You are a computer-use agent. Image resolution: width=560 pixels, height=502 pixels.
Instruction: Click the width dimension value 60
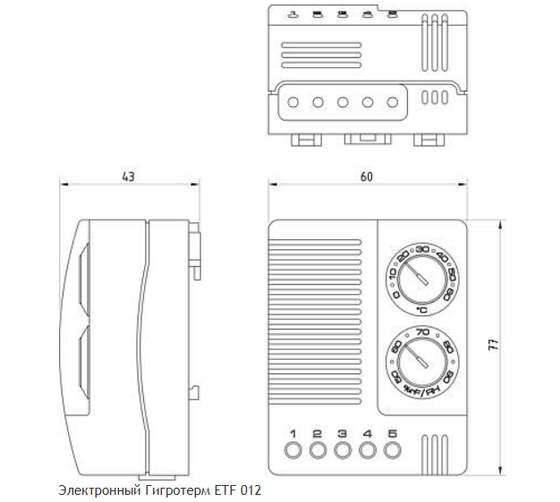367,177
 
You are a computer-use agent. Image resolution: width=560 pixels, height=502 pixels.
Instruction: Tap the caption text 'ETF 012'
240,491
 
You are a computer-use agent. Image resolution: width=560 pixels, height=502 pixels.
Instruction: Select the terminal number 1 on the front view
292,435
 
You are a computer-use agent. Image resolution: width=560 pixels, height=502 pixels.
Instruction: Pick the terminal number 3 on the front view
342,435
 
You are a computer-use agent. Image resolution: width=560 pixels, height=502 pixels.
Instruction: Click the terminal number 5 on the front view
392,435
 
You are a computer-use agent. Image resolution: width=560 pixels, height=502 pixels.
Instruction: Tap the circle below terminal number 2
317,451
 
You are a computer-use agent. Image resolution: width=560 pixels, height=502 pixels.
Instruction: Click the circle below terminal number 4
367,451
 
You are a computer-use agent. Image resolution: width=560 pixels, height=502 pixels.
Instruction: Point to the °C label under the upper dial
421,310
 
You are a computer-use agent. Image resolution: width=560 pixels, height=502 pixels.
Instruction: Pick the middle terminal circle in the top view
342,102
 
